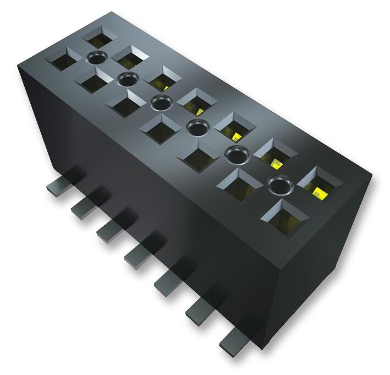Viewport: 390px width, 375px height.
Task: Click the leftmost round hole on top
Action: click(x=97, y=57)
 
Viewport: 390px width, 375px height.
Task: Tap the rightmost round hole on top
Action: click(x=278, y=184)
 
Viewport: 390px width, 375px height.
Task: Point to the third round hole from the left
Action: click(x=160, y=102)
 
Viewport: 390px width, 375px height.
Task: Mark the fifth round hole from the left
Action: click(x=235, y=154)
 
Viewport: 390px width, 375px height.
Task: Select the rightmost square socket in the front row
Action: click(x=285, y=214)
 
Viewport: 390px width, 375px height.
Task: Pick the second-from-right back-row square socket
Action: click(x=275, y=154)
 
